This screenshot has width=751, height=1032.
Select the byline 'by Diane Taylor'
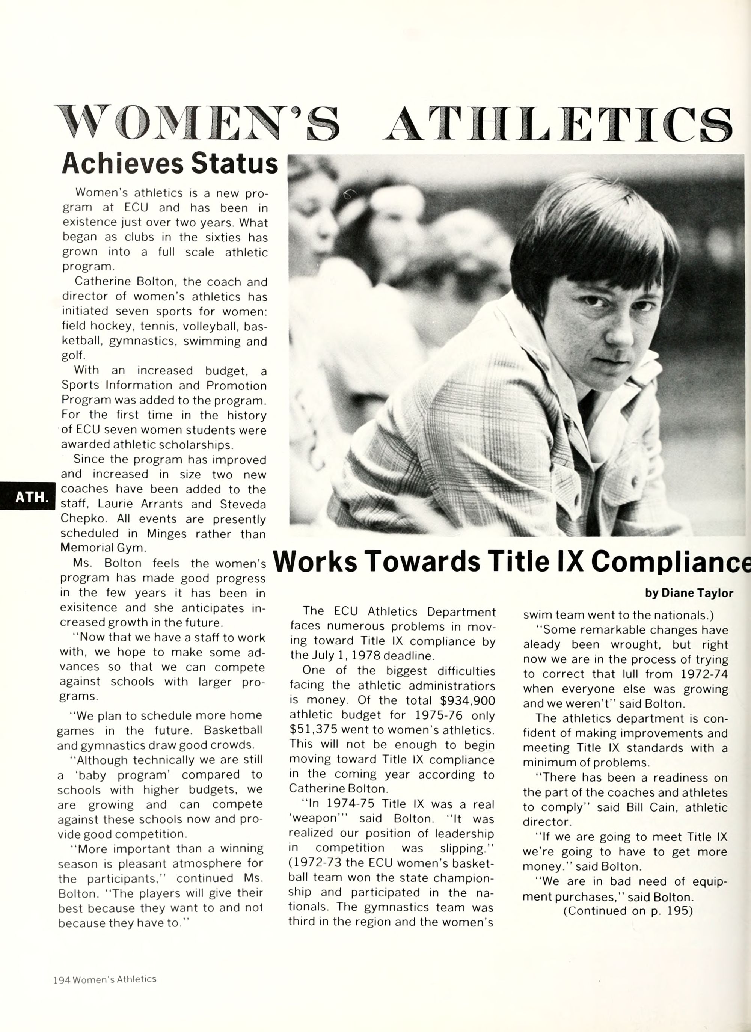click(x=689, y=593)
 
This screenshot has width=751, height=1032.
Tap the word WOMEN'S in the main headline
click(x=196, y=123)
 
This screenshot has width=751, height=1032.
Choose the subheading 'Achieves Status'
click(x=169, y=163)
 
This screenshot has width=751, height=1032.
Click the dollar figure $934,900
click(x=467, y=700)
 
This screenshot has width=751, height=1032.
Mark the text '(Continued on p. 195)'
click(x=628, y=911)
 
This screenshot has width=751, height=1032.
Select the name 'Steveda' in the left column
click(x=243, y=504)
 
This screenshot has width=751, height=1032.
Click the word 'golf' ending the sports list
click(x=73, y=355)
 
